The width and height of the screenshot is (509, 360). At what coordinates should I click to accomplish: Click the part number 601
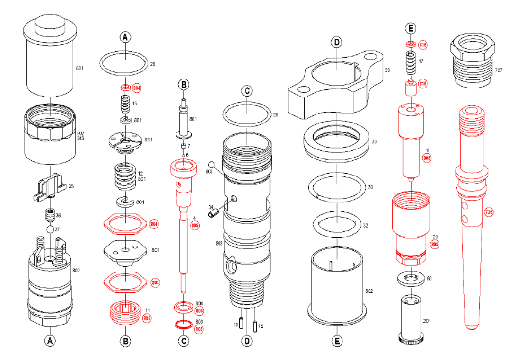tap(79, 68)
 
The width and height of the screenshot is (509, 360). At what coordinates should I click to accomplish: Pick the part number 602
tap(369, 291)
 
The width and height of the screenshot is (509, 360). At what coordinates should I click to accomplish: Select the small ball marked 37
tap(50, 229)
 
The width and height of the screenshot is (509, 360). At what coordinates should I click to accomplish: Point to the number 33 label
tap(374, 141)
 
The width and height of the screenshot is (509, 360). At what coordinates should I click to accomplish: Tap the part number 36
tap(58, 216)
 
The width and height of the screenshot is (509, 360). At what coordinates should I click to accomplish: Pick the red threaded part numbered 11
tap(124, 313)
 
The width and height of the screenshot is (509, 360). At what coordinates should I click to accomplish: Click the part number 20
tap(435, 237)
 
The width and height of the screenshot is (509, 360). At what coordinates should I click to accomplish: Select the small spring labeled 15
tap(125, 103)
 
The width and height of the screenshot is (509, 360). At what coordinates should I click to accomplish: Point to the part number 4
tap(194, 218)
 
